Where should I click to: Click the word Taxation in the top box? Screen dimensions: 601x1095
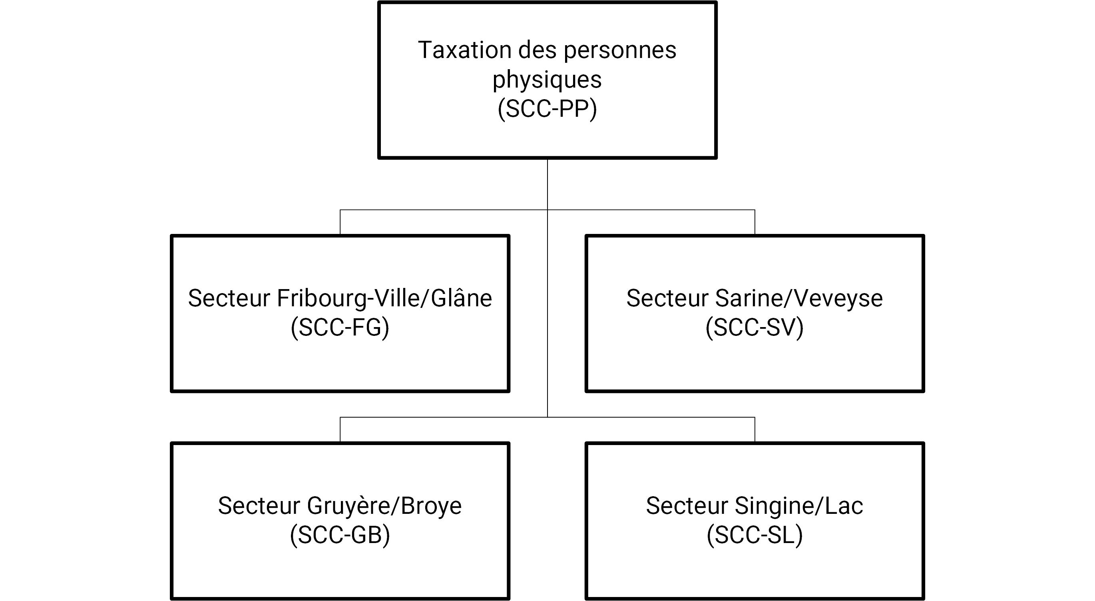coord(464,50)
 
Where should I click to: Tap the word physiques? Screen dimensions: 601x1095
coord(547,80)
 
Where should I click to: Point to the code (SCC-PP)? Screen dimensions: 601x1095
coord(547,109)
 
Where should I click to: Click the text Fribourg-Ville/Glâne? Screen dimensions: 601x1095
coord(384,299)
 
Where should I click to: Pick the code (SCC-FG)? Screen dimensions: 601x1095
coord(340,327)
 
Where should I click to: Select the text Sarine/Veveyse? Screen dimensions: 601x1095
coord(799,299)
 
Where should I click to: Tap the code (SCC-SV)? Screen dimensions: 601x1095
coord(755,327)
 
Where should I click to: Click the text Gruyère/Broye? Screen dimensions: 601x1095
coord(384,506)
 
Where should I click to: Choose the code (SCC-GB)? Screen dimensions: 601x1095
coord(340,535)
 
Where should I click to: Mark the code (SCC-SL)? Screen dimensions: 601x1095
coord(755,535)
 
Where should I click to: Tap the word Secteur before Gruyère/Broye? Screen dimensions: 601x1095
coord(259,506)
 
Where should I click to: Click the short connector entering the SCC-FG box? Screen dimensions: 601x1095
coord(340,222)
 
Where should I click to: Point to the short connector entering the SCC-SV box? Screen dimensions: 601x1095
coord(755,222)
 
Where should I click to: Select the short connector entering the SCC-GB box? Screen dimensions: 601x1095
coord(340,429)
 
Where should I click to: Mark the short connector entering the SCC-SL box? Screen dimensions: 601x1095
coord(755,429)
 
